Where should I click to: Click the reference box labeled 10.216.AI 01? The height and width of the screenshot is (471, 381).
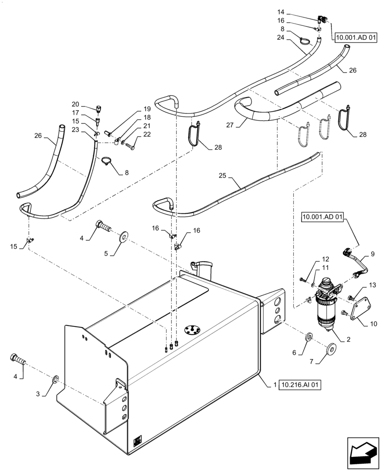300,385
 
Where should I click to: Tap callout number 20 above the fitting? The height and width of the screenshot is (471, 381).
75,104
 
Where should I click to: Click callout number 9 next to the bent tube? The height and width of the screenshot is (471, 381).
373,254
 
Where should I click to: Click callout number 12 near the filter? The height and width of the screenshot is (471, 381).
325,259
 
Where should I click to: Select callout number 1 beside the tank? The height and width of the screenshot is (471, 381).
274,385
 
